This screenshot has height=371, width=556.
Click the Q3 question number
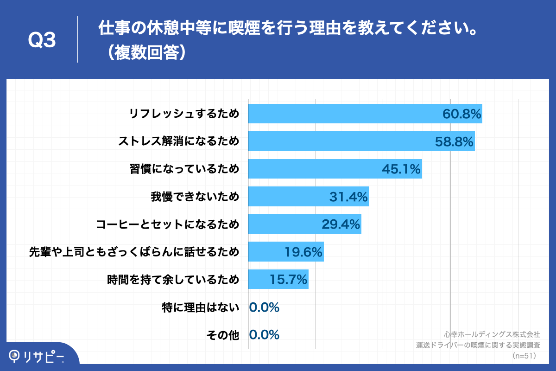coord(42,40)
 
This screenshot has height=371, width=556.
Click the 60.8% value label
coord(462,114)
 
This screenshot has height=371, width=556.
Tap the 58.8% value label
coord(454,141)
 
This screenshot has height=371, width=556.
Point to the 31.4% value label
coord(348,197)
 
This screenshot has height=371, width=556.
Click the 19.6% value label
coord(303,252)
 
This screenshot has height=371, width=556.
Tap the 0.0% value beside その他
coord(264,335)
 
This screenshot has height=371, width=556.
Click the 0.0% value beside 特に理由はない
coord(264,307)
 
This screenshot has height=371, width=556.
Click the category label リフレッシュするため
coord(184,114)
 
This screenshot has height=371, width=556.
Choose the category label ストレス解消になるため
coord(179,141)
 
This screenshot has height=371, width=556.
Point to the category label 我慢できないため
coord(195,197)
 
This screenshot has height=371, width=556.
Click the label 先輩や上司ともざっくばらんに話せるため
coord(134,252)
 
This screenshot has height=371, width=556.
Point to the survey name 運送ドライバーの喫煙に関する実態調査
coord(478,345)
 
